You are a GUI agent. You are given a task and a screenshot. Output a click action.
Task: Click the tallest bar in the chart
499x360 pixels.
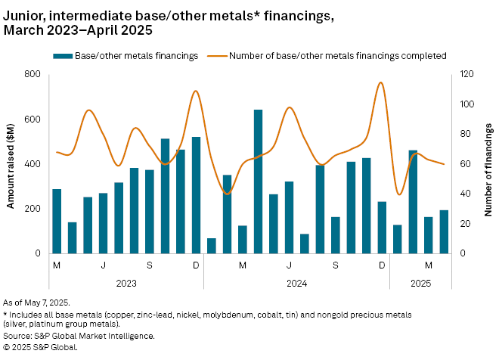click(x=259, y=182)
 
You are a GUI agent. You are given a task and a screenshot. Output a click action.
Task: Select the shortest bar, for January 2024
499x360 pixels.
click(x=212, y=246)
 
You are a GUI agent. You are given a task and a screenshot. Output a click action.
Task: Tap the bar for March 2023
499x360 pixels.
click(x=57, y=221)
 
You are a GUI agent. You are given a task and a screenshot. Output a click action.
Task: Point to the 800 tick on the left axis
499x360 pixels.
click(x=32, y=74)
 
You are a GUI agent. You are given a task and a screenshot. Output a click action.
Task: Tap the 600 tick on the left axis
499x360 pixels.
click(x=32, y=119)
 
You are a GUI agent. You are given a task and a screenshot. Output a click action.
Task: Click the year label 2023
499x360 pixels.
click(x=126, y=283)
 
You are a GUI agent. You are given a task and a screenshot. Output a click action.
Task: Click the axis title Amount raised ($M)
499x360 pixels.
click(x=10, y=163)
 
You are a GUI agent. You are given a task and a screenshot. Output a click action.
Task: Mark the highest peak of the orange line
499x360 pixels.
click(x=380, y=82)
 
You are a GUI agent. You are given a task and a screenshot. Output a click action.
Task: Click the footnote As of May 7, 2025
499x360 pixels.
click(x=36, y=302)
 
